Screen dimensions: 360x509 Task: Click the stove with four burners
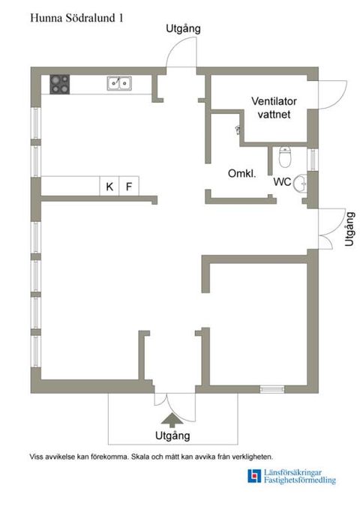59,85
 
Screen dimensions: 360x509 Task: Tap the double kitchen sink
119,83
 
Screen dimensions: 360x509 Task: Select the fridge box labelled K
109,186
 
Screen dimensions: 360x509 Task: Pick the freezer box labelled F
129,186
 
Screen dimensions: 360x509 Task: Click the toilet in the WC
285,157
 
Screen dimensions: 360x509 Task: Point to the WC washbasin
300,184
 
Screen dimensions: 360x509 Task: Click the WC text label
282,181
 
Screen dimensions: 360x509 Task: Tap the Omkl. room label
241,173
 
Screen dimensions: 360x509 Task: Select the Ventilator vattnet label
274,108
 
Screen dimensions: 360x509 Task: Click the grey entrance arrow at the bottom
172,420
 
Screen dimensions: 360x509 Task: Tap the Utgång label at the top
183,29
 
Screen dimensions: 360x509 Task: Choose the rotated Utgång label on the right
349,229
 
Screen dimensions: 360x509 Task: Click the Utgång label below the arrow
172,436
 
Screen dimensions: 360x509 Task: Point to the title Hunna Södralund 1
76,18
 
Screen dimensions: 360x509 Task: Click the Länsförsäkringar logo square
254,476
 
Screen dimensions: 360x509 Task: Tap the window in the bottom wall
272,389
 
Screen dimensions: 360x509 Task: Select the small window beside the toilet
312,160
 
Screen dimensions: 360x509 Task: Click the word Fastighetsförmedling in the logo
299,480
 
